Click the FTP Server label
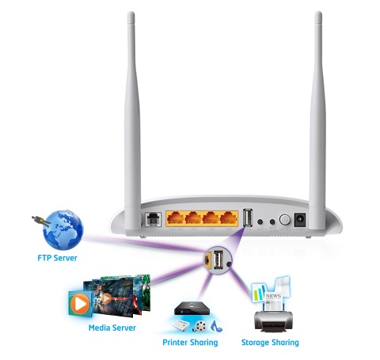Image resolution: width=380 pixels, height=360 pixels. pyautogui.click(x=57, y=258)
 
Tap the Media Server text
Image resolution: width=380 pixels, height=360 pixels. pyautogui.click(x=112, y=328)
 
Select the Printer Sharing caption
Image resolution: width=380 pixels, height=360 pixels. pyautogui.click(x=190, y=343)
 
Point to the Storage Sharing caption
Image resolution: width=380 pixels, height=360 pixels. pyautogui.click(x=270, y=343)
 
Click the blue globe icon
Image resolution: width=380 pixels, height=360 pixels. pyautogui.click(x=63, y=230)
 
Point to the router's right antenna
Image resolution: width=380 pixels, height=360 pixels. pyautogui.click(x=317, y=121)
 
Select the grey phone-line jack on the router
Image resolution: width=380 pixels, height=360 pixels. pyautogui.click(x=154, y=219)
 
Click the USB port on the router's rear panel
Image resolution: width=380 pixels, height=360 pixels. pyautogui.click(x=248, y=218)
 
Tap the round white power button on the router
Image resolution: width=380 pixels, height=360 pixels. pyautogui.click(x=284, y=219)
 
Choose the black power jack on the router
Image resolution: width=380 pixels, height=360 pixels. pyautogui.click(x=300, y=220)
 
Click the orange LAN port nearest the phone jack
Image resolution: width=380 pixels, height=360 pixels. pyautogui.click(x=175, y=219)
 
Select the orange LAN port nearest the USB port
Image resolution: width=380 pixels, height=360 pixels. pyautogui.click(x=229, y=219)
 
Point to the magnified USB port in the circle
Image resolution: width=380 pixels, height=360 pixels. pyautogui.click(x=218, y=260)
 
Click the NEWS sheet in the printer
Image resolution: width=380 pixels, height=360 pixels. pyautogui.click(x=273, y=301)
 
